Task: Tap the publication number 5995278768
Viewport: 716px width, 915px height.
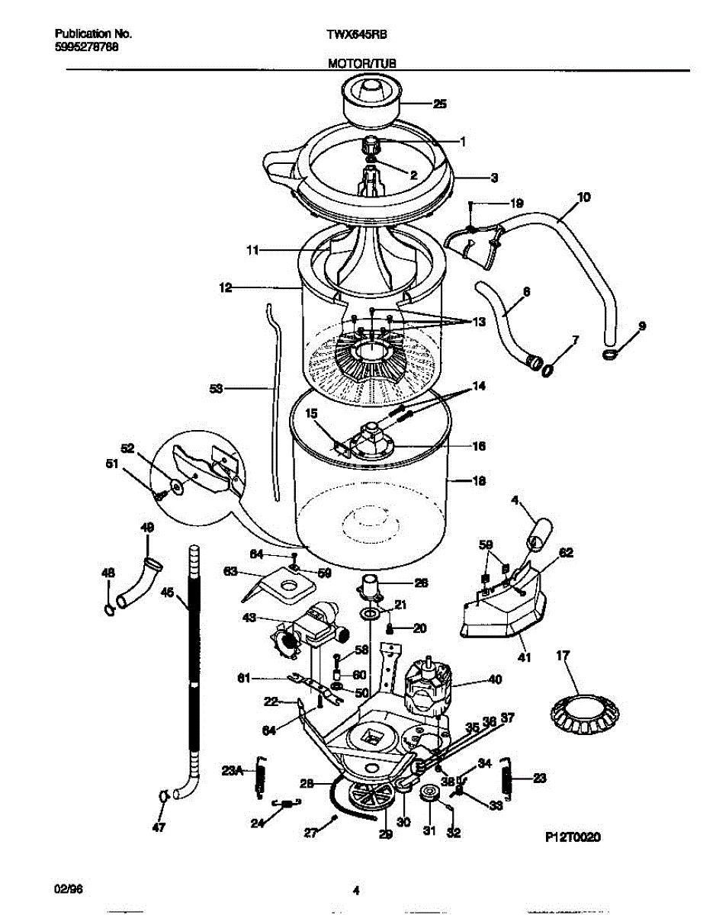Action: click(x=87, y=47)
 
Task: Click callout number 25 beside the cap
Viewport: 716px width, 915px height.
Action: click(x=440, y=104)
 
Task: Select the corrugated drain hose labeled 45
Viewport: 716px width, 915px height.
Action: click(x=193, y=671)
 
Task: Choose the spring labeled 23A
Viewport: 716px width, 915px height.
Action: click(x=261, y=775)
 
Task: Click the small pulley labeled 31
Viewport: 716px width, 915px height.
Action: click(x=430, y=796)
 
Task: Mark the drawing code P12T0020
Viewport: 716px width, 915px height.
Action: click(x=573, y=836)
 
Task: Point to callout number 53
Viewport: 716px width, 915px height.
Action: click(x=216, y=389)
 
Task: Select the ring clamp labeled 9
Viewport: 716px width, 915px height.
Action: click(x=611, y=355)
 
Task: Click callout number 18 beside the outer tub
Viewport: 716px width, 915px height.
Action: click(x=480, y=481)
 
